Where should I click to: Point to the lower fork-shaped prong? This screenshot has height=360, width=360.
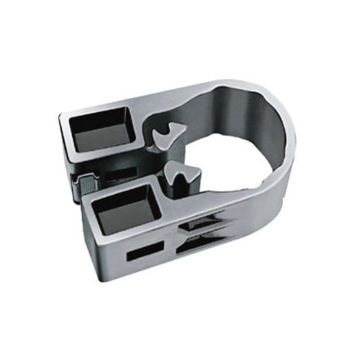point(181,175)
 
